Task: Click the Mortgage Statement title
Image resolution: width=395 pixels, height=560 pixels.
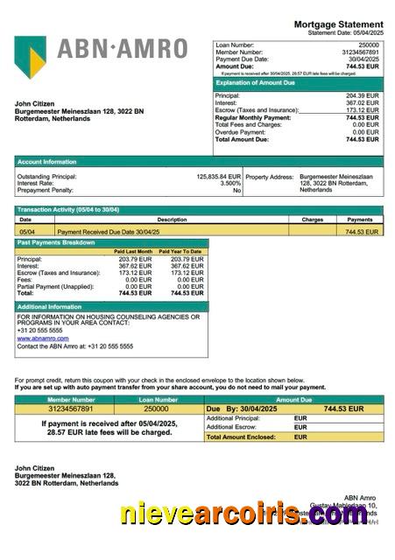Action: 338,24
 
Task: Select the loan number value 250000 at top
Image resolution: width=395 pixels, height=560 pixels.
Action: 369,45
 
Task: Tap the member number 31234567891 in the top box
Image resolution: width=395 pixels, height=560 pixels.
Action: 359,52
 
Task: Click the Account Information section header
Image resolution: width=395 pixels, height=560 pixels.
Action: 46,161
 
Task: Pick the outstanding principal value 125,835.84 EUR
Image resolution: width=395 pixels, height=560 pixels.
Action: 218,176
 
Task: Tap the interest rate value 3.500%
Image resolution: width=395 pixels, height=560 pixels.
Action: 229,183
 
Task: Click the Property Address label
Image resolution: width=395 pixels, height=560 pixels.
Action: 271,176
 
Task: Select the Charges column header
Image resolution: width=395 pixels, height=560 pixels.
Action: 313,220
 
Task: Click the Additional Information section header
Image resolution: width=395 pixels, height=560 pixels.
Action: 50,307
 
